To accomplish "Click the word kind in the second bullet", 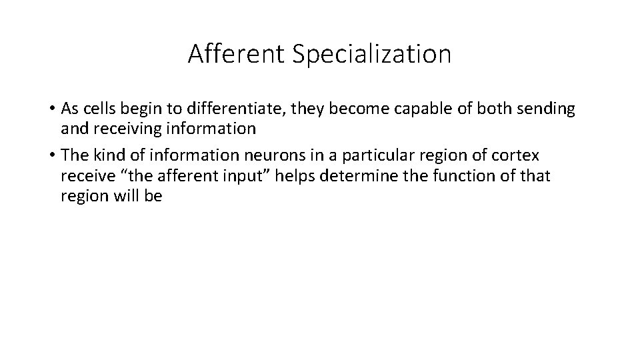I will point(101,156).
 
